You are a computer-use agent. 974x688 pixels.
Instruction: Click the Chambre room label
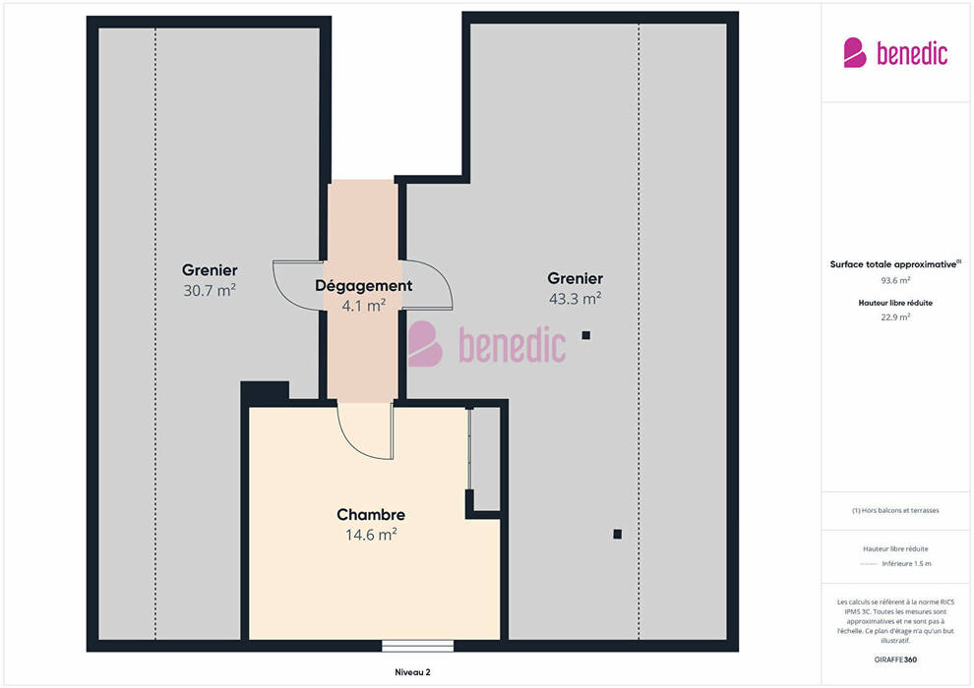pos(371,514)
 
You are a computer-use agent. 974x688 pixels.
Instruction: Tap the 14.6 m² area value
pos(371,534)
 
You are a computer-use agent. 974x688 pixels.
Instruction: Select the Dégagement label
pos(363,285)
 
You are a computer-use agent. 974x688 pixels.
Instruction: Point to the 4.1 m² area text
pos(363,306)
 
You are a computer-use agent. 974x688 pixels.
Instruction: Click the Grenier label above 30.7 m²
pos(210,270)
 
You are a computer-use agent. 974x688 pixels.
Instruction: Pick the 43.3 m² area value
pos(575,299)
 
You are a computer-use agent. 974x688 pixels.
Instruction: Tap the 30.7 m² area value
pos(210,290)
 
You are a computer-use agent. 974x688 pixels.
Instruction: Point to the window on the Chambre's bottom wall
pos(417,646)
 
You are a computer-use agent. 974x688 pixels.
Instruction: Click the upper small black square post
pos(585,335)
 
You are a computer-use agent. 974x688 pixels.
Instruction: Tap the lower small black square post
pos(618,534)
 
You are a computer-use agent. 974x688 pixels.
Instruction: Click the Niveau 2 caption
pos(412,672)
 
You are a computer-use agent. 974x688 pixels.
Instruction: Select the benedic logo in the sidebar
pos(895,53)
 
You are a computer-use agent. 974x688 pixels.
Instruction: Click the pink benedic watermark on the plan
pos(486,344)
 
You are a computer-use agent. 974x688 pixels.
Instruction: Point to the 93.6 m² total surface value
pos(895,280)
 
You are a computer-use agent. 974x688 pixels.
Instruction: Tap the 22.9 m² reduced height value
pos(895,317)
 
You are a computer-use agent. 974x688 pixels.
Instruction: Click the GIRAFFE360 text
pos(895,659)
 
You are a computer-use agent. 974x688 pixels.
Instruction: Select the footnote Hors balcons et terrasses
pos(895,510)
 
